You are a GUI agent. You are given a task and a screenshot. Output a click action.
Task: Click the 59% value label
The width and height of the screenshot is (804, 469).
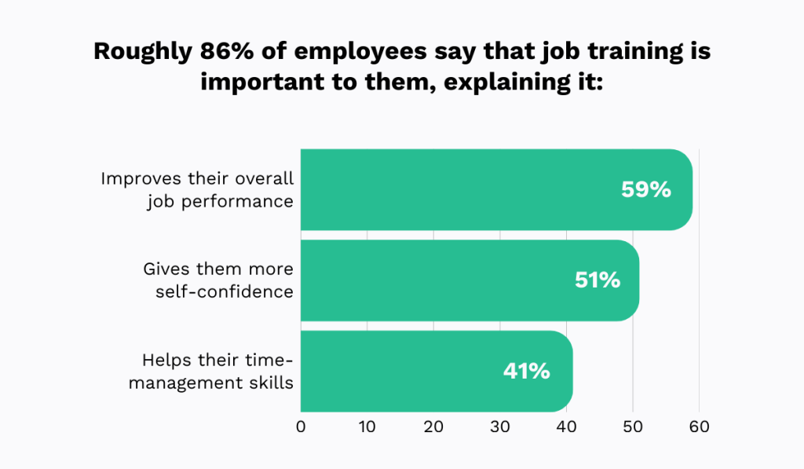click(645, 189)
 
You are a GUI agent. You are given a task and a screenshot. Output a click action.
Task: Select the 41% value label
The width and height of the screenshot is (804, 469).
click(526, 371)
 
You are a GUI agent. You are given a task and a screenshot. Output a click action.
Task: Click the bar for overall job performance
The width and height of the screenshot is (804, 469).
click(471, 189)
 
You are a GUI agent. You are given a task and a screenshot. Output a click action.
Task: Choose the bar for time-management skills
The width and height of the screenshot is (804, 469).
click(408, 371)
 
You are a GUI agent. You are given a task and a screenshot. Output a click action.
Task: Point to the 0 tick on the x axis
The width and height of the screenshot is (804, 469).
click(301, 427)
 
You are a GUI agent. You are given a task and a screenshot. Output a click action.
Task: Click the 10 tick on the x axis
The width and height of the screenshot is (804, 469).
click(367, 427)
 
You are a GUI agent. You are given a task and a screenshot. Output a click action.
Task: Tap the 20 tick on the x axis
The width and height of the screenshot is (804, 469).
click(434, 427)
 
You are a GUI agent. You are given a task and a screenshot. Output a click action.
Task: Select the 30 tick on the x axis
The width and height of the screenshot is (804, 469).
click(500, 427)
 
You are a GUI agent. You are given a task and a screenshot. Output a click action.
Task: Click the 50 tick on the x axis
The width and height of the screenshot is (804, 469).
click(633, 427)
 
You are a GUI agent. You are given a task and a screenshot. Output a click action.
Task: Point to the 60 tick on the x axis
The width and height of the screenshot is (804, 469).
click(699, 427)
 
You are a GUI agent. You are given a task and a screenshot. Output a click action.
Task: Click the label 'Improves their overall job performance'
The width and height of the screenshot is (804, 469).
click(197, 189)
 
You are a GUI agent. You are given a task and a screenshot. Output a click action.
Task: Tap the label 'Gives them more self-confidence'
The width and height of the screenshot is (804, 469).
click(218, 280)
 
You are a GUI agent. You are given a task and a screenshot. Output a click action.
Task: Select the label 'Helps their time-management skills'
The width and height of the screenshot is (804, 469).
click(217, 372)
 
